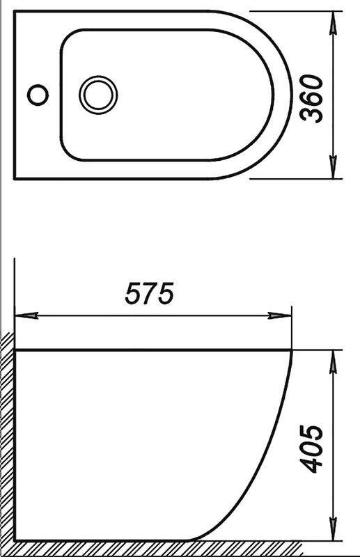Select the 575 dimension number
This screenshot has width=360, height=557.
[x=148, y=294]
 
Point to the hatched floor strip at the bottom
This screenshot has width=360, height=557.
[x=174, y=549]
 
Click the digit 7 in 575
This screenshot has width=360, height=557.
[x=148, y=294]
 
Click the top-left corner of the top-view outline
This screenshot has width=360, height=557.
[x=15, y=11]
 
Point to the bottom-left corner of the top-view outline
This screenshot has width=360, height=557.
[x=15, y=178]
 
